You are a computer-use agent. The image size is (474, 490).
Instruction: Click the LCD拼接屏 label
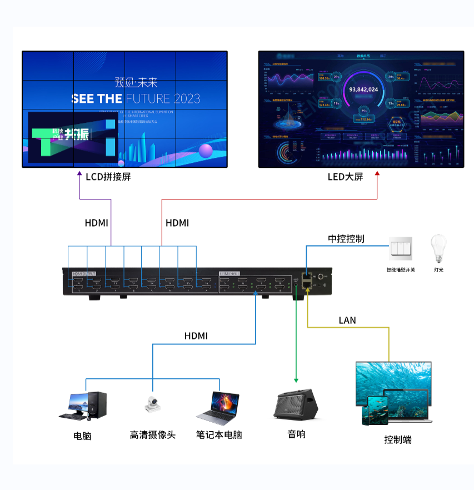[x=108, y=177]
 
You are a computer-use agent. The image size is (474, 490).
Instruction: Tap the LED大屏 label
[x=345, y=177]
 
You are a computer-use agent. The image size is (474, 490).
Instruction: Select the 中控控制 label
[x=346, y=239]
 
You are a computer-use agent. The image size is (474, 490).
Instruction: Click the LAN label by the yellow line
[x=347, y=321]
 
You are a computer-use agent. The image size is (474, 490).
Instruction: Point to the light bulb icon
[x=438, y=248]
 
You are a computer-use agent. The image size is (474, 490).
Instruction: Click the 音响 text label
[x=296, y=434]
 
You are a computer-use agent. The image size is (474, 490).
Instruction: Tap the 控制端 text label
[x=398, y=439]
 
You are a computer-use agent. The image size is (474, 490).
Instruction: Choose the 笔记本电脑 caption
[x=219, y=435]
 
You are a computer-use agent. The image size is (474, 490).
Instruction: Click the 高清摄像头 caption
[x=152, y=435]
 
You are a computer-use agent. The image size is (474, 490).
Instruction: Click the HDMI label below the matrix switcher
[x=196, y=336]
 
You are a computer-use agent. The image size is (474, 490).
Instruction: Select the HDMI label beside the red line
[x=177, y=223]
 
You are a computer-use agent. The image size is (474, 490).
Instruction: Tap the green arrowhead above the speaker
[x=296, y=381]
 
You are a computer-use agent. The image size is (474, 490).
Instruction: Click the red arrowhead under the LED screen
[x=377, y=173]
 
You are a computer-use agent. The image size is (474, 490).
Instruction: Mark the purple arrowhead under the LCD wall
[x=79, y=173]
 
